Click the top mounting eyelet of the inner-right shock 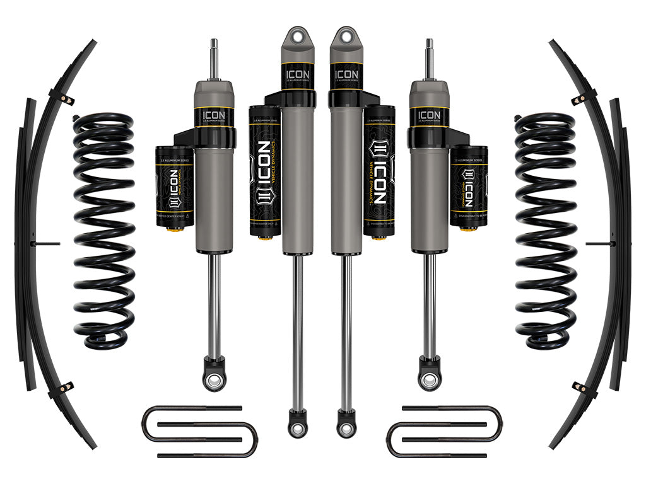(x=346, y=35)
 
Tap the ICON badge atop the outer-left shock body (x=214, y=115)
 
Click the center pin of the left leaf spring (x=47, y=243)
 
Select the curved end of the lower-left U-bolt (x=252, y=439)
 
